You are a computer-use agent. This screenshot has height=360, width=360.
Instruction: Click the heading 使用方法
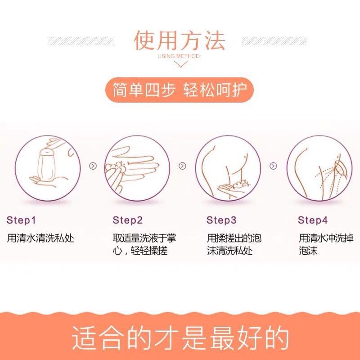[179, 40]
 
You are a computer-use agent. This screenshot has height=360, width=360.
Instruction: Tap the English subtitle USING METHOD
[179, 56]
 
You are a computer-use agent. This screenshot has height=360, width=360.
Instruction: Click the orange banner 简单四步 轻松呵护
[180, 90]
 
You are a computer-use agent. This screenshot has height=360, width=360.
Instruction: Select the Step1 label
[21, 220]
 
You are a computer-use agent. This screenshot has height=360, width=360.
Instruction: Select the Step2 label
[128, 220]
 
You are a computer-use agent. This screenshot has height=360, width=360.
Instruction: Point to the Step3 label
[221, 220]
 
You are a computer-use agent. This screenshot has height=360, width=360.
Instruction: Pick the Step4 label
[313, 220]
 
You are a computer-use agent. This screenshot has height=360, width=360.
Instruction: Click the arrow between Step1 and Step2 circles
[93, 166]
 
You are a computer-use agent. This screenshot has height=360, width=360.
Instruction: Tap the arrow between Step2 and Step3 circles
[182, 166]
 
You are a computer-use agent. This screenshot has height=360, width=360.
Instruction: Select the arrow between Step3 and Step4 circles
[273, 166]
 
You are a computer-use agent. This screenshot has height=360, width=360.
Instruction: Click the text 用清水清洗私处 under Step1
[40, 238]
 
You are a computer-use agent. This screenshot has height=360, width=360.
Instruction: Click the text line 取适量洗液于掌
[144, 238]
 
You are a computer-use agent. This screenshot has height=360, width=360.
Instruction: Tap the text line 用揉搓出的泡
[234, 238]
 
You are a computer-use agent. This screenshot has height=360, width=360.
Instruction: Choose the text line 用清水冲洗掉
[326, 238]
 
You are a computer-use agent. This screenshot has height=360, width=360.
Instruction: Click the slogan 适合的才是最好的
[180, 338]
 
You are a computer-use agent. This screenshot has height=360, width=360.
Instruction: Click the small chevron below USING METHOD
[181, 64]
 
